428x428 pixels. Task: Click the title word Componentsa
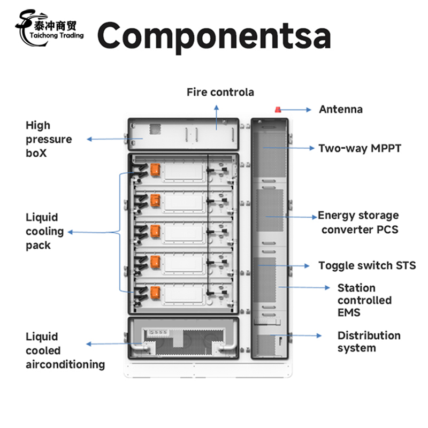click(x=214, y=35)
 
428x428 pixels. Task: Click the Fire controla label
click(x=220, y=92)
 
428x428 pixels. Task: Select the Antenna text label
click(x=341, y=109)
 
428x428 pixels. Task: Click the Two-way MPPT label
click(x=359, y=148)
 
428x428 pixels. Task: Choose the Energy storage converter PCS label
click(x=358, y=223)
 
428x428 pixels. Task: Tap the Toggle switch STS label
click(x=366, y=265)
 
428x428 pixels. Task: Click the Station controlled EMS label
click(x=364, y=300)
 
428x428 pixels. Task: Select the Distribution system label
click(x=369, y=342)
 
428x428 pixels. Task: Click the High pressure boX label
click(x=49, y=139)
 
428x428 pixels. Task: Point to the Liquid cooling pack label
click(x=45, y=232)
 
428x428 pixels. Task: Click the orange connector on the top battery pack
click(x=155, y=170)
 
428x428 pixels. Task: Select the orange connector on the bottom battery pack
click(x=155, y=292)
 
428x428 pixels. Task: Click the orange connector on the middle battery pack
click(x=155, y=231)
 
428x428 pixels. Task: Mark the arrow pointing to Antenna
click(x=299, y=109)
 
